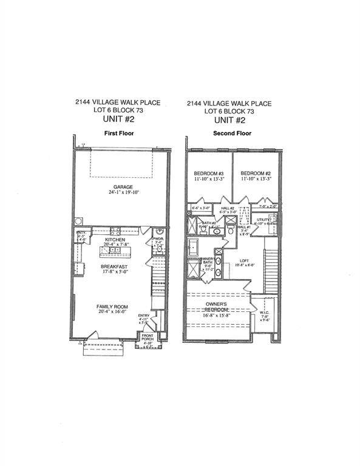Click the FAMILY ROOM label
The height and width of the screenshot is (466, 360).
114,307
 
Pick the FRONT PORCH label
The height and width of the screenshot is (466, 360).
148,338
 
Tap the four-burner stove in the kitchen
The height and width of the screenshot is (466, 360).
115,230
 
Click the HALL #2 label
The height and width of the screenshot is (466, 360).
228,208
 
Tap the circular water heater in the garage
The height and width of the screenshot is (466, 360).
79,221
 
